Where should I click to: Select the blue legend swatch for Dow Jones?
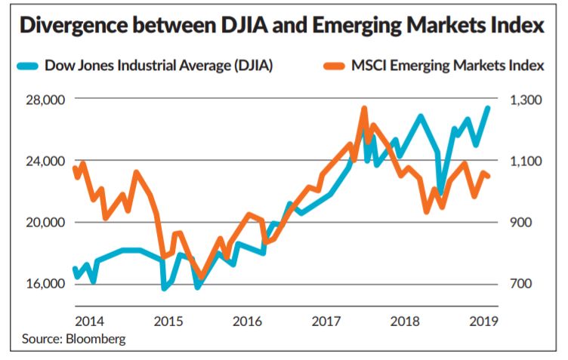[x=28, y=66]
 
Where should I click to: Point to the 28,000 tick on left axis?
[x=48, y=100]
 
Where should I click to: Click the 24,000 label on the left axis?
[x=48, y=161]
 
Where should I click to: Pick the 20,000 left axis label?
[x=48, y=223]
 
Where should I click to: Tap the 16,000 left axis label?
[x=48, y=284]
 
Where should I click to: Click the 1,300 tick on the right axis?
[x=523, y=100]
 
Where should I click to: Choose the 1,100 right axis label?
[x=523, y=161]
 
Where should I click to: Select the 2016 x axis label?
[x=248, y=320]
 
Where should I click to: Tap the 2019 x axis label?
[x=482, y=320]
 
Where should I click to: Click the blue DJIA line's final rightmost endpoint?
[x=488, y=108]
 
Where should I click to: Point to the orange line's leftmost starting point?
[x=74, y=168]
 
